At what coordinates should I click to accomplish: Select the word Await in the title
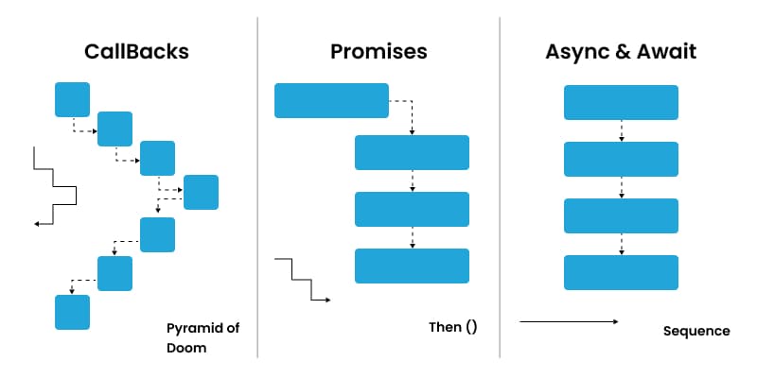click(x=661, y=52)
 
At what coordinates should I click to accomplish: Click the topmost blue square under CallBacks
click(x=72, y=99)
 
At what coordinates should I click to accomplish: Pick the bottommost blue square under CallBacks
click(x=72, y=312)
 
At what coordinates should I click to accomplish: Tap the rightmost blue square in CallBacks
click(x=201, y=192)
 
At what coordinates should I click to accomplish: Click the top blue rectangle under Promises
click(x=331, y=100)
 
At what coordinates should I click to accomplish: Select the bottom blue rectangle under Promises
click(x=412, y=266)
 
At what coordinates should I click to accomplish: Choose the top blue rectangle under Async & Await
click(x=621, y=102)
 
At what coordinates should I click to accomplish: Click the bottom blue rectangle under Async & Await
click(x=621, y=272)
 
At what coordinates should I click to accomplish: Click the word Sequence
click(x=696, y=331)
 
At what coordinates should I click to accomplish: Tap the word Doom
click(x=185, y=348)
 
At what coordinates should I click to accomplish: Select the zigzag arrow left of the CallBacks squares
click(x=55, y=186)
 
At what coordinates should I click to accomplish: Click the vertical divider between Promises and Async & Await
click(x=500, y=189)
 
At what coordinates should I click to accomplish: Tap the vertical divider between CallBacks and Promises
click(x=257, y=189)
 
